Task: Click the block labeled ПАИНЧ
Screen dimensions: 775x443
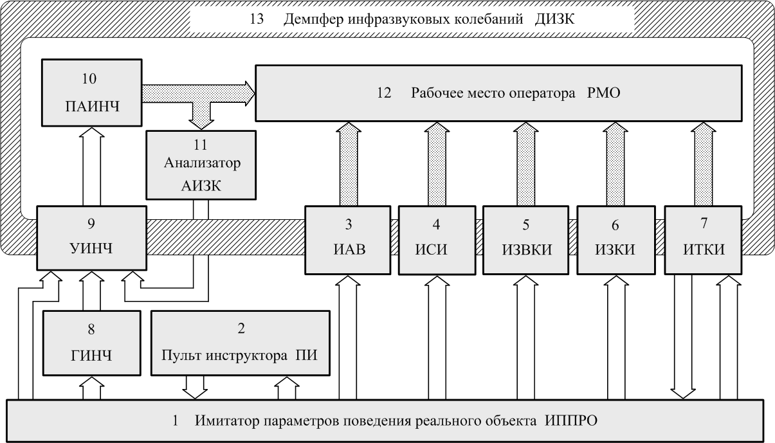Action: tap(92, 93)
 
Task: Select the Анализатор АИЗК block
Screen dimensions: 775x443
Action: tap(201, 165)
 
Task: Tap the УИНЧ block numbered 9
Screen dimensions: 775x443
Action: tap(92, 239)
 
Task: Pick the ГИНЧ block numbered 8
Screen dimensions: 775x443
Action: tap(92, 343)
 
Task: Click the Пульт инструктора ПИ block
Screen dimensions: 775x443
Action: tap(241, 343)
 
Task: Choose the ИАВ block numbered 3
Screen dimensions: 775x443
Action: tap(348, 240)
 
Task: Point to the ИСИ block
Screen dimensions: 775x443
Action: tap(437, 240)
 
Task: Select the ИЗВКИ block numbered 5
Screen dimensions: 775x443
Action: tap(526, 240)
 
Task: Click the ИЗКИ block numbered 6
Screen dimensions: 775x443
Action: tap(616, 240)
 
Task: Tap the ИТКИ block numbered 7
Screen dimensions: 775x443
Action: tap(703, 240)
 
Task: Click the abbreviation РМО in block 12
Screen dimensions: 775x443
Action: tap(603, 93)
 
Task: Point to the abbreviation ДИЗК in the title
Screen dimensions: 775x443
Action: tap(554, 19)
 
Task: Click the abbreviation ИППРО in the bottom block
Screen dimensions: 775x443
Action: tap(571, 421)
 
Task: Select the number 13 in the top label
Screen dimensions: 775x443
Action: tap(257, 19)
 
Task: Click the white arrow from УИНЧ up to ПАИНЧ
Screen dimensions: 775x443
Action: tap(92, 167)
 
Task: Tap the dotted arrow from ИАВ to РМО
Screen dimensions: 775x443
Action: tap(349, 164)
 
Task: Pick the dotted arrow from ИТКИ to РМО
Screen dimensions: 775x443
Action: tap(704, 164)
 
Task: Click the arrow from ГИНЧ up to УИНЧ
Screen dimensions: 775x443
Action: tap(92, 291)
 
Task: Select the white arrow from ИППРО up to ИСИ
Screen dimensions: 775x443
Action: tap(437, 338)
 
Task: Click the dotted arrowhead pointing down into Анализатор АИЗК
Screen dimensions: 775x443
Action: tap(201, 125)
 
